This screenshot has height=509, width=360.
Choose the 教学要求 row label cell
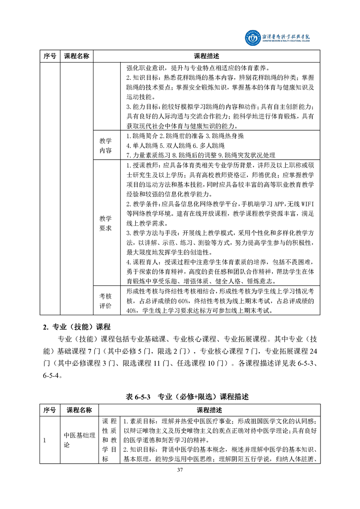click(x=105, y=223)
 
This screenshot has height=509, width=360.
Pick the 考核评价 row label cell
click(x=105, y=301)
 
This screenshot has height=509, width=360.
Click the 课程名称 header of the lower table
click(x=79, y=410)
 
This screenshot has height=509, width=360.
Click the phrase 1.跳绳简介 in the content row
click(x=141, y=136)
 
